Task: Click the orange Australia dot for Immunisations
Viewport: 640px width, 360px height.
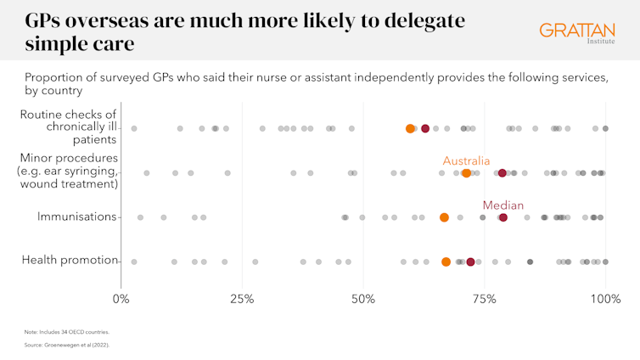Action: tap(444, 217)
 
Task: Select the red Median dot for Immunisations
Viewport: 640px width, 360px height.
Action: tap(502, 217)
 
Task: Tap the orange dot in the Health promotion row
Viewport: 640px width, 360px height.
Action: tap(446, 262)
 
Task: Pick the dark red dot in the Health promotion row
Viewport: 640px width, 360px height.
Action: tap(470, 262)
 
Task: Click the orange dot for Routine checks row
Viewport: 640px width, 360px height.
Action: tap(411, 129)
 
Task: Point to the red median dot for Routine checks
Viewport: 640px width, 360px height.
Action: tap(425, 129)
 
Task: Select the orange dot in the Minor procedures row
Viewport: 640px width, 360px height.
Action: tap(466, 173)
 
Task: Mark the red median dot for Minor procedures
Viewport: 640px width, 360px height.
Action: tap(502, 173)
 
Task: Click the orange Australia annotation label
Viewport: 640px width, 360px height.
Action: tap(466, 160)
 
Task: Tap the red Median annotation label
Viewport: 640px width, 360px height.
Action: tap(502, 205)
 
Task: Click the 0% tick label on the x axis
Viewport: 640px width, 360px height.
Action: tap(121, 299)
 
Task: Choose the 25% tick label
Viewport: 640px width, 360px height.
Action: tap(242, 299)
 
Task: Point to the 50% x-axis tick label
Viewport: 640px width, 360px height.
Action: tap(363, 299)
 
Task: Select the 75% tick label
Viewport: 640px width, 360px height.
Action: tap(484, 299)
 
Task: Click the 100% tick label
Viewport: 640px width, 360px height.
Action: tap(605, 299)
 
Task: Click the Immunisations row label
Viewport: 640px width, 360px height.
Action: tap(76, 217)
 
